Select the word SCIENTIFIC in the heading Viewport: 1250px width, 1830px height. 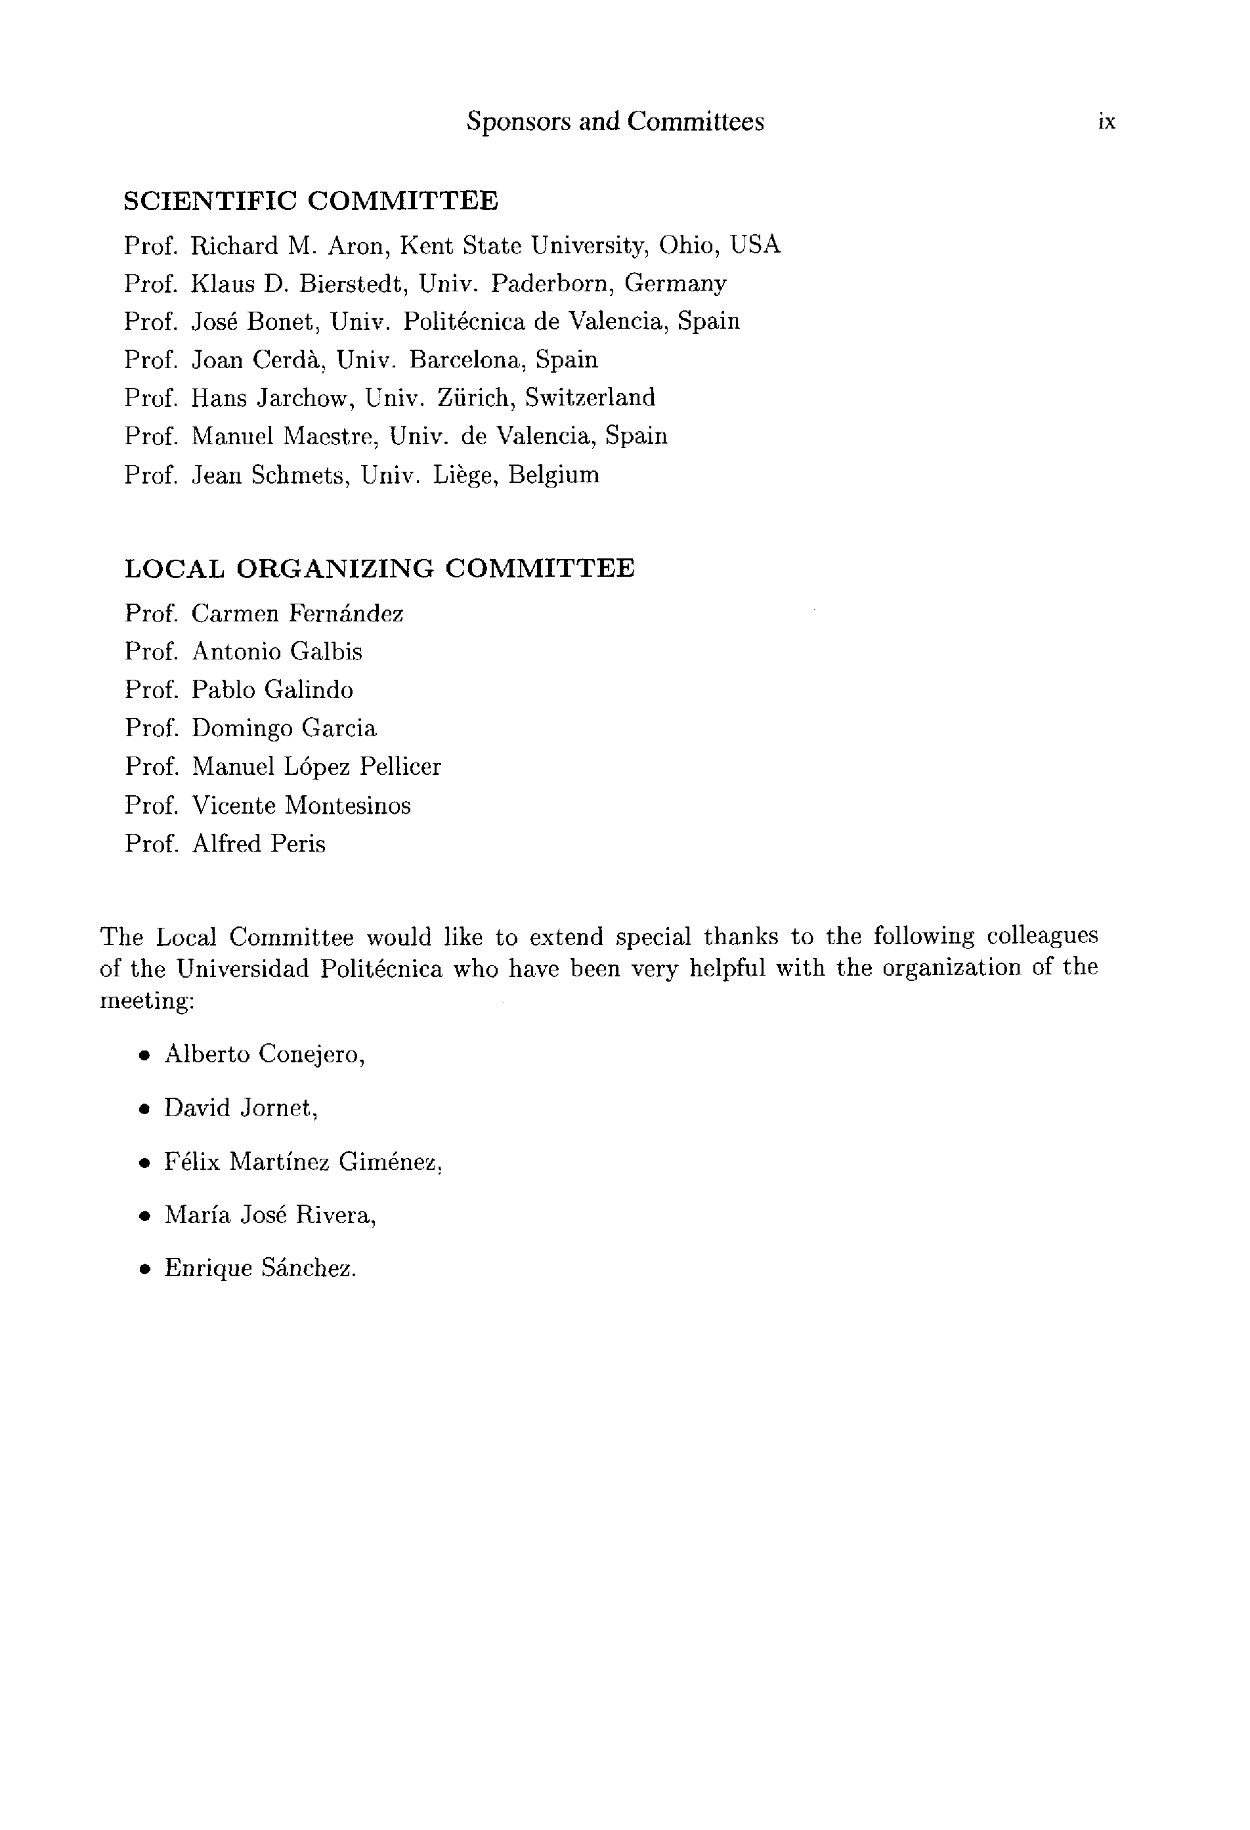tap(209, 201)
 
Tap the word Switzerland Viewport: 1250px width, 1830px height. tap(590, 398)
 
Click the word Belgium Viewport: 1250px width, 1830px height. tap(553, 475)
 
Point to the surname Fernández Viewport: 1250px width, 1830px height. tap(346, 613)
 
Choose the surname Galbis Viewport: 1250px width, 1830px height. tap(326, 652)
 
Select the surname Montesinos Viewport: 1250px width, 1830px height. tap(347, 806)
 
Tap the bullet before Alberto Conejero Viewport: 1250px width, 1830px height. tap(144, 1056)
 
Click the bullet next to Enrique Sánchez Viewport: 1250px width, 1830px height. tap(144, 1270)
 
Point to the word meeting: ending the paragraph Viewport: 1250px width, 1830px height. tap(146, 1002)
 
